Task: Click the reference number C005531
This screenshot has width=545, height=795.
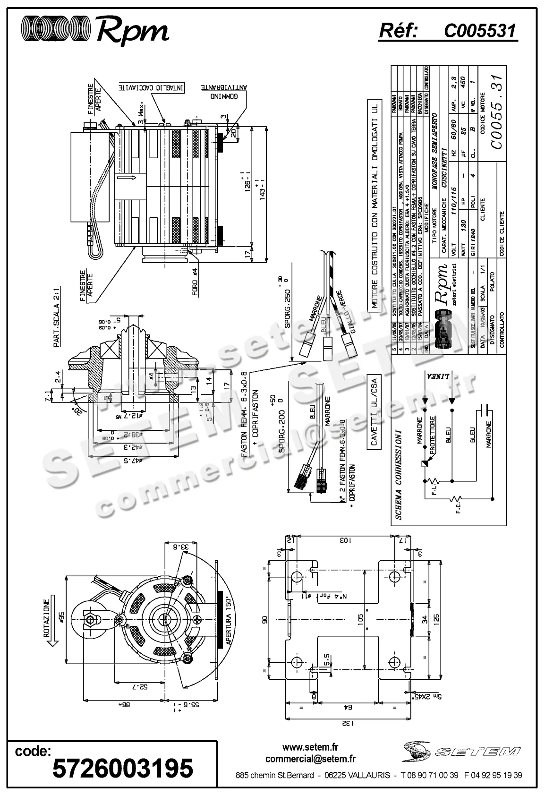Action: tap(480, 31)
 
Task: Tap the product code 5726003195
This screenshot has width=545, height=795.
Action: tap(122, 768)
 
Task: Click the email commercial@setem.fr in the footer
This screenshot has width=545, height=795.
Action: tap(310, 759)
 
